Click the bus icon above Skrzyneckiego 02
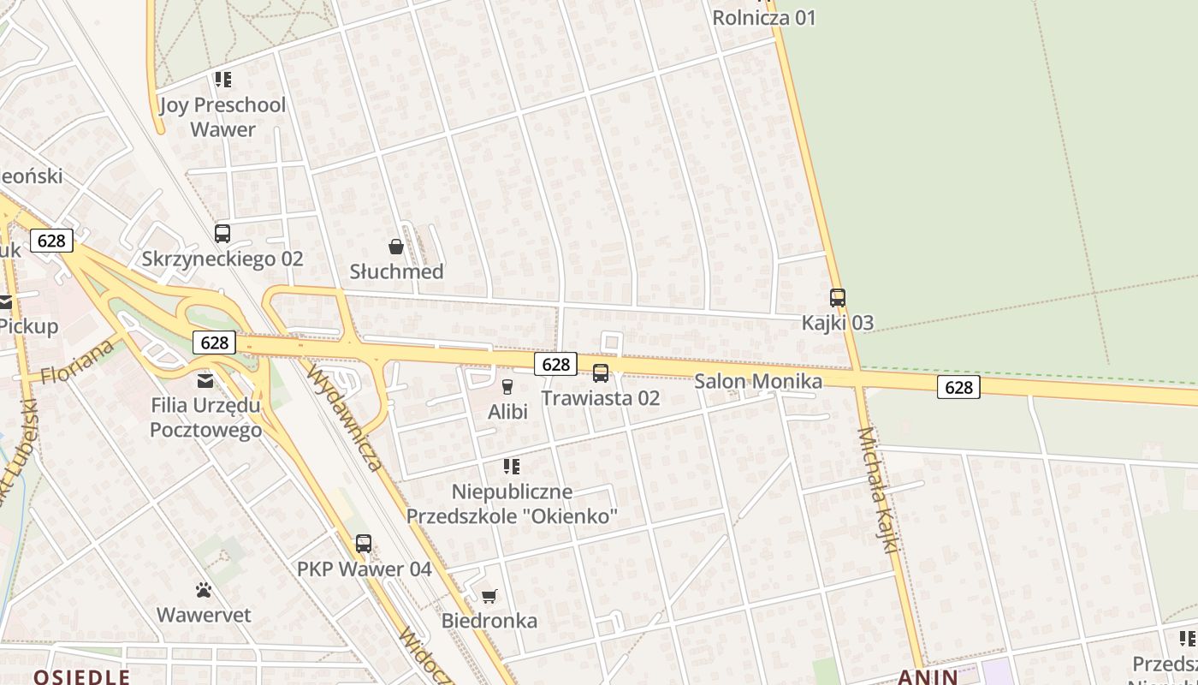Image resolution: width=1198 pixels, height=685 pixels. (222, 233)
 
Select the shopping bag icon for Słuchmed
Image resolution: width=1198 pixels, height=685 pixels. (396, 247)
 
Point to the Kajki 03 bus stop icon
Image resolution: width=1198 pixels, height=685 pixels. (838, 298)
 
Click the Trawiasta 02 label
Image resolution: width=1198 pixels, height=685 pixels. (601, 398)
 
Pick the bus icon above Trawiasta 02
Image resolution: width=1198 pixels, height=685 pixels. (601, 373)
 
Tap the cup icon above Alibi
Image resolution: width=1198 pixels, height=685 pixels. (507, 387)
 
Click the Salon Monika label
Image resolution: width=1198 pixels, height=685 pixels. (758, 382)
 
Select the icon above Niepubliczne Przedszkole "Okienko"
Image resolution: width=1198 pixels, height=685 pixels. (512, 467)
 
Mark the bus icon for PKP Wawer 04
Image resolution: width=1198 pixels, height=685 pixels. (364, 544)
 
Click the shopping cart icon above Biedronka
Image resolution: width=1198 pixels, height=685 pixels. (489, 596)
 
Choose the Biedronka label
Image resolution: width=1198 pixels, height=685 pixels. (489, 621)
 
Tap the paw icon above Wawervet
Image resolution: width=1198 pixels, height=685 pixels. (204, 590)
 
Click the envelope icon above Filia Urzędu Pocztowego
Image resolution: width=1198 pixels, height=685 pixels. (205, 380)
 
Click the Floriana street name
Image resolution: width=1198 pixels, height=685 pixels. (78, 362)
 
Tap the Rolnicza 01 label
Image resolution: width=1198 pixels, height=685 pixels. (764, 18)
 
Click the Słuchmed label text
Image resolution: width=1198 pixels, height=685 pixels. (396, 272)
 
